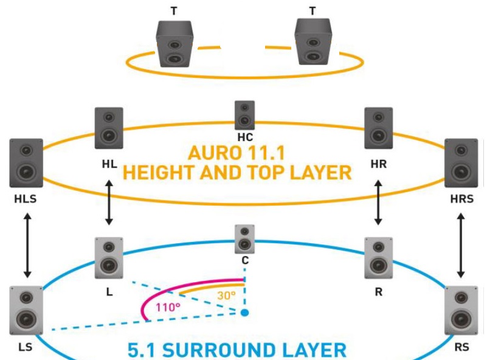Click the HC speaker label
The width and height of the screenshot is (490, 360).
pyautogui.click(x=245, y=137)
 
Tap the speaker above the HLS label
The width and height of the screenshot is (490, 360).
pyautogui.click(x=26, y=162)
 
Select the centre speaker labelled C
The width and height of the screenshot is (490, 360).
pyautogui.click(x=244, y=239)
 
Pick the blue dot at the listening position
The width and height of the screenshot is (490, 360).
pyautogui.click(x=244, y=313)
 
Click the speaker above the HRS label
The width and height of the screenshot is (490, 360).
pyautogui.click(x=461, y=162)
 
